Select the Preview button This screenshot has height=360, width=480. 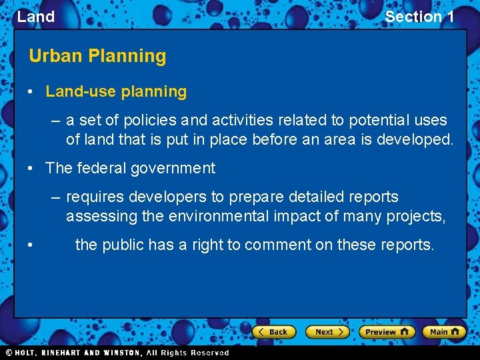pos(387,331)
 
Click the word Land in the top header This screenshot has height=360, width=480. pos(36,17)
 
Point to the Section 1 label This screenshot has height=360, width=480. pos(419,17)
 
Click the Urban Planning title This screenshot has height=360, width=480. pos(97,56)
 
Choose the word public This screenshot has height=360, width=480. pos(123,245)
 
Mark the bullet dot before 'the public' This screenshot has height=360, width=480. pos(32,245)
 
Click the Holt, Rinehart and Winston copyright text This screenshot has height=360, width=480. pos(117,353)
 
